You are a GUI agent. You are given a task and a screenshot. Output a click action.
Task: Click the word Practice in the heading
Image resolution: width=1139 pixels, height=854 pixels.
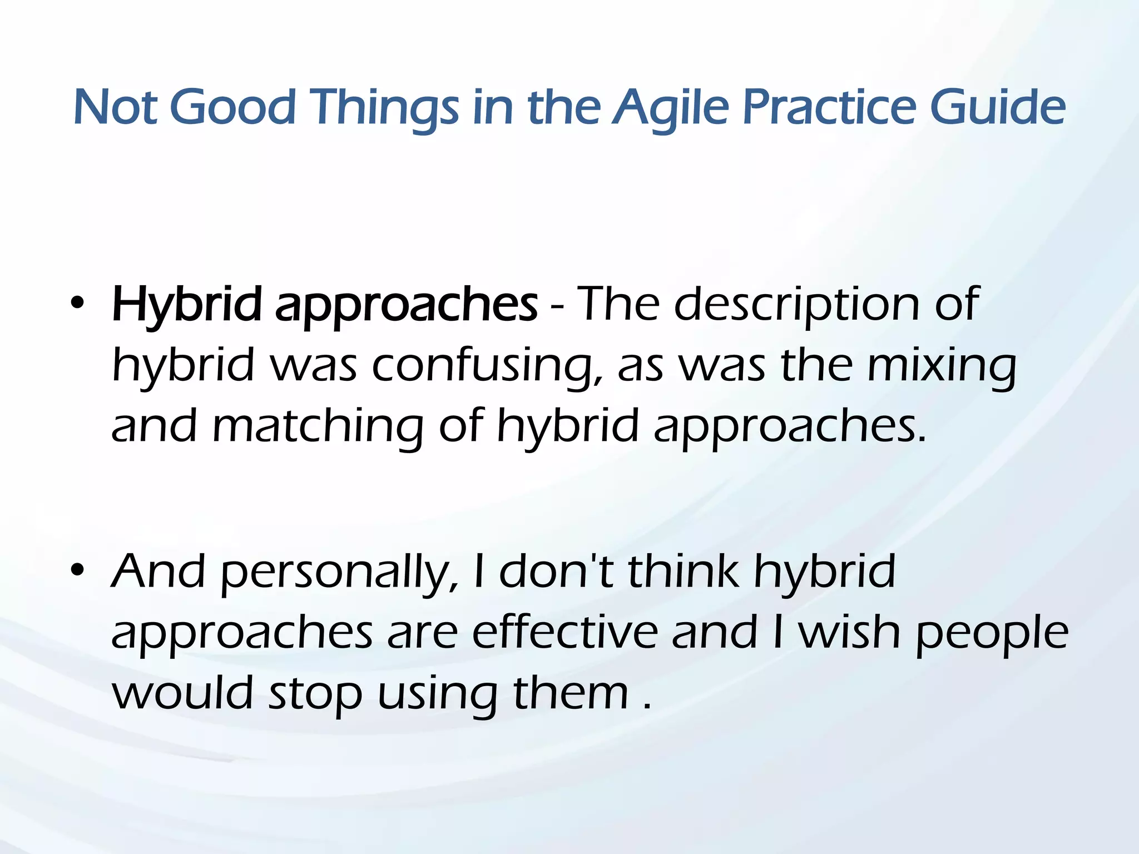pyautogui.click(x=828, y=107)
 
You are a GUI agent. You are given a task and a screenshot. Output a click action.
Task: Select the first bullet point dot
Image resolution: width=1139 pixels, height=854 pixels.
pyautogui.click(x=78, y=304)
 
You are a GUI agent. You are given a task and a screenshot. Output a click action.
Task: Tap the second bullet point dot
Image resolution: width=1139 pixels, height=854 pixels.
pyautogui.click(x=78, y=570)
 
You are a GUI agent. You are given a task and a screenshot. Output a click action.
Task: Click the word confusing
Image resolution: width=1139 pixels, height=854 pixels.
pyautogui.click(x=487, y=367)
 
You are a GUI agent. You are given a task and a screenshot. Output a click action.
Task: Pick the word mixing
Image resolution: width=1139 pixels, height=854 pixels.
pyautogui.click(x=942, y=367)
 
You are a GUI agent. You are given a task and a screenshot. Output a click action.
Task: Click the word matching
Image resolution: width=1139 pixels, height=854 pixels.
pyautogui.click(x=318, y=427)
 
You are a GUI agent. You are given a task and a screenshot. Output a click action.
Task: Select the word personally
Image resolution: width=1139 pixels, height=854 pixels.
pyautogui.click(x=340, y=573)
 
